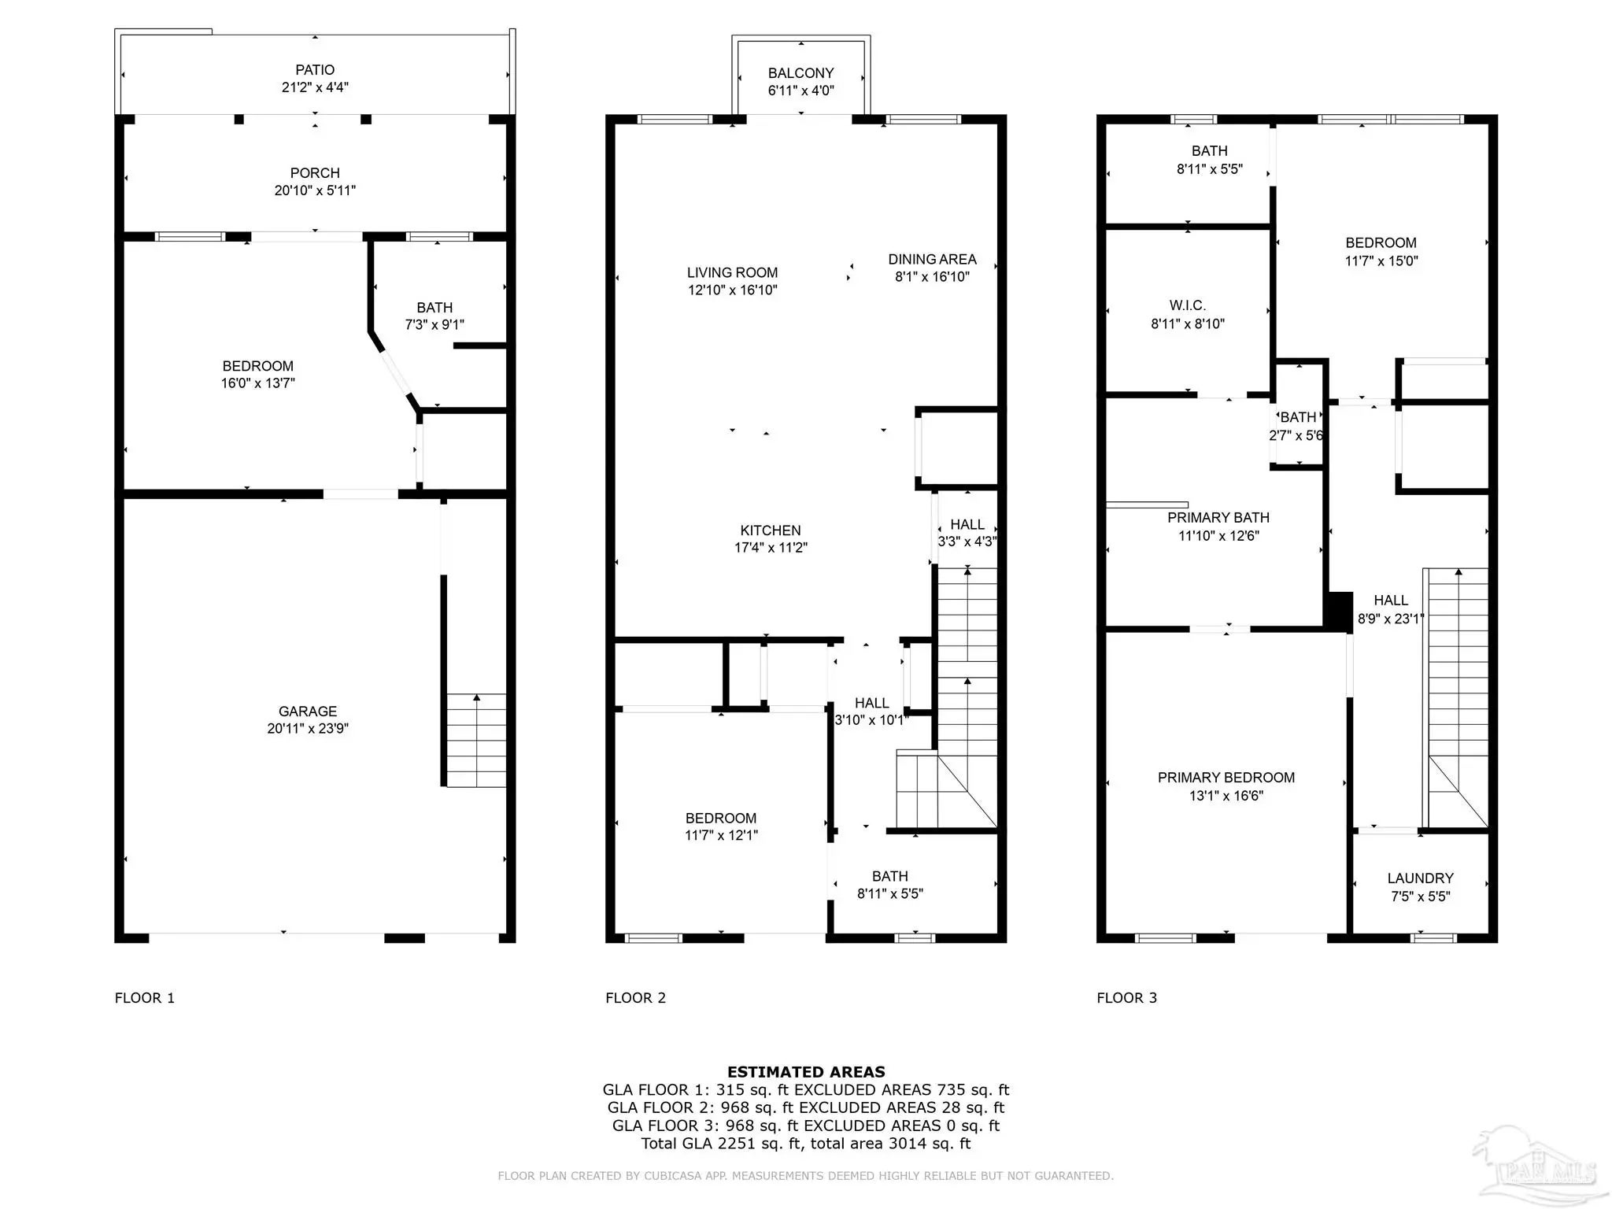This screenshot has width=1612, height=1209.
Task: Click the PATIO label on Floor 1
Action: coord(315,70)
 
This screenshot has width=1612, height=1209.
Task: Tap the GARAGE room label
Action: coord(308,711)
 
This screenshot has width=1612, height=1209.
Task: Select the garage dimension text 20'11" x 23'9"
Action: coord(308,729)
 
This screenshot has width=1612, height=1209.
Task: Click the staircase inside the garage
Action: coord(476,740)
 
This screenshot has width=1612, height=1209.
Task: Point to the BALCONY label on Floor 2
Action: coord(801,73)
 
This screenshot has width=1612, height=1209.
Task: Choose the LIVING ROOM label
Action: coord(732,272)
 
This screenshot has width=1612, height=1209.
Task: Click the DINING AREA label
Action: coord(932,259)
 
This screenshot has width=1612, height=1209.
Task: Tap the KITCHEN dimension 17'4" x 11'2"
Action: coord(771,548)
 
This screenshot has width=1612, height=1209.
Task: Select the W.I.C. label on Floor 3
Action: coord(1188,305)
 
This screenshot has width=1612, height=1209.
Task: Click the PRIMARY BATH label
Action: coord(1218,518)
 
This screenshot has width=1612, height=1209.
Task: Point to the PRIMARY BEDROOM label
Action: coord(1226,778)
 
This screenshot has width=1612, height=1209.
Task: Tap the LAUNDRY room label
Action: coord(1421,878)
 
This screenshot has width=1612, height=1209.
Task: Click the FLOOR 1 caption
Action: coord(145,998)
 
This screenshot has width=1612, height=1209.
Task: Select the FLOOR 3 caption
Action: coord(1127,998)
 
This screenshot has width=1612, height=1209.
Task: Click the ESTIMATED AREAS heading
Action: coord(806,1072)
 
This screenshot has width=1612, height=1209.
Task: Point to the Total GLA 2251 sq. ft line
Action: coord(806,1144)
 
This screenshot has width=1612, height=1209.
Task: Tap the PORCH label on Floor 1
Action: coord(315,173)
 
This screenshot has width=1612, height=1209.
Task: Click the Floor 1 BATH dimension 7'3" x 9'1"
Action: coord(434,324)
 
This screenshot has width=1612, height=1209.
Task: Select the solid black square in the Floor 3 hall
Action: coord(1340,611)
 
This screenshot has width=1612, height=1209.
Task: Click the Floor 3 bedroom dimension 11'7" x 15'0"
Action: coord(1381,261)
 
